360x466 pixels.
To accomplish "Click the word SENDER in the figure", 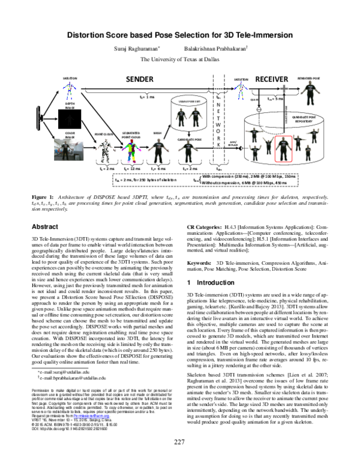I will point(140,79).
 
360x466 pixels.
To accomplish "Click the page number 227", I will point(179,459).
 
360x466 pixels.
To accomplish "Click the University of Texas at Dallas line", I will point(179,59).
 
